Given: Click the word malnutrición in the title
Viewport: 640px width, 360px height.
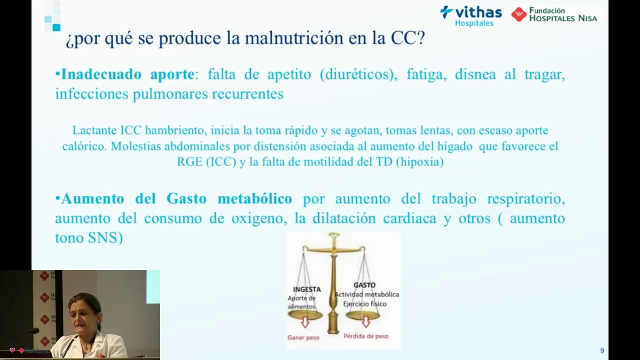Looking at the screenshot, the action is tap(294, 38).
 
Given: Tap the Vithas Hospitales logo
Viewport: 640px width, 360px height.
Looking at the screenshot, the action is tap(471, 16).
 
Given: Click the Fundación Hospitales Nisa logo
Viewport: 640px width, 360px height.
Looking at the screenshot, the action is tap(554, 14).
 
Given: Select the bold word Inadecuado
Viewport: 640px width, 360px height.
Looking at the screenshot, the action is tap(101, 74).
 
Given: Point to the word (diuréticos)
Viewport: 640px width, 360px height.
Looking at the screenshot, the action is tap(358, 75).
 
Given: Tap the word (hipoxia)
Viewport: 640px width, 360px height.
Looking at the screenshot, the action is tap(419, 162).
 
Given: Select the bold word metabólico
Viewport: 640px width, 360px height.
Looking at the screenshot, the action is tap(255, 198).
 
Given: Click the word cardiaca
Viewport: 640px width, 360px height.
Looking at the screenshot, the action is tap(409, 218).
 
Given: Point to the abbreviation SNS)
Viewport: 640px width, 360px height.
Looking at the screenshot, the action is tap(105, 238).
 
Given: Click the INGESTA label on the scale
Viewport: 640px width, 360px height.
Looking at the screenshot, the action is tap(307, 289).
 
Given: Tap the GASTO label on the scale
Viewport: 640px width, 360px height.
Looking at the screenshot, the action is tap(364, 285).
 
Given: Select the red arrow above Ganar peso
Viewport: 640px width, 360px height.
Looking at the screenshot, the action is tap(305, 322).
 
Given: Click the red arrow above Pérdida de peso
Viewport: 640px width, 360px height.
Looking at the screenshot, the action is tap(366, 321).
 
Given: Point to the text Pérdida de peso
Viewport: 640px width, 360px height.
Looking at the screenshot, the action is tap(366, 336).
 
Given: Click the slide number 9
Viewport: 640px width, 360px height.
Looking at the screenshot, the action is tap(602, 350).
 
